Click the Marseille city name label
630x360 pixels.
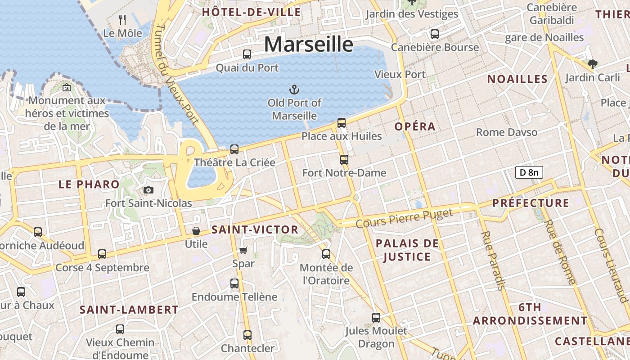point(308,45)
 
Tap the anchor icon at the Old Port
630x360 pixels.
point(294,89)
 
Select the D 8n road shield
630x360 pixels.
point(529,172)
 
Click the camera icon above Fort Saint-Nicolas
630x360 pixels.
point(148,190)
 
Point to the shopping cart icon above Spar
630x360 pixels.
point(243,250)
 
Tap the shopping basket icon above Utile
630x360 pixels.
point(196,231)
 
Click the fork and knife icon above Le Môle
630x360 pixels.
point(122,20)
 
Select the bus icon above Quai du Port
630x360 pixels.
point(247,54)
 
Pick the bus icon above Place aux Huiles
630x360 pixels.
point(342,122)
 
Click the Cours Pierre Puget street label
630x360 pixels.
point(404,218)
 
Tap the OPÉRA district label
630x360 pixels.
point(415,127)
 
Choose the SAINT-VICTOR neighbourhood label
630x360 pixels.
point(255,230)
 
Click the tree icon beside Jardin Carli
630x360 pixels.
point(593,64)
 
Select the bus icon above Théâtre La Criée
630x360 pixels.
point(234,149)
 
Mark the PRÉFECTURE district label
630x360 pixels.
point(531,203)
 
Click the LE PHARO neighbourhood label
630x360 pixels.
point(89,184)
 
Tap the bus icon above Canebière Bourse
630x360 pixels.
point(434,34)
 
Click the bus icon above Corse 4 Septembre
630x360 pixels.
point(102,254)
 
